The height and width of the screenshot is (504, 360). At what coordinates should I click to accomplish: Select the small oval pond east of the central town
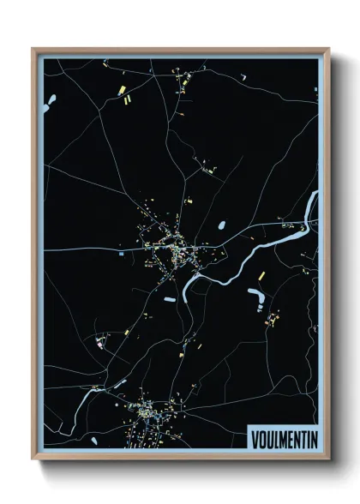(222, 226)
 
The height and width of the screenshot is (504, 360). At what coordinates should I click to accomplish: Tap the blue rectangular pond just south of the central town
(170, 299)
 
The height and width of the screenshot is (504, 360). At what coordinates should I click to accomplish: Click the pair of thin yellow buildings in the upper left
(129, 101)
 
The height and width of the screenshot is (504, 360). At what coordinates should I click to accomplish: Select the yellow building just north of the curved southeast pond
(261, 276)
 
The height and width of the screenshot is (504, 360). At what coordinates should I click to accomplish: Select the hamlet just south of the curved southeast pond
(273, 320)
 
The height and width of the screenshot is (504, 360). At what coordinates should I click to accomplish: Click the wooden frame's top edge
(180, 50)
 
